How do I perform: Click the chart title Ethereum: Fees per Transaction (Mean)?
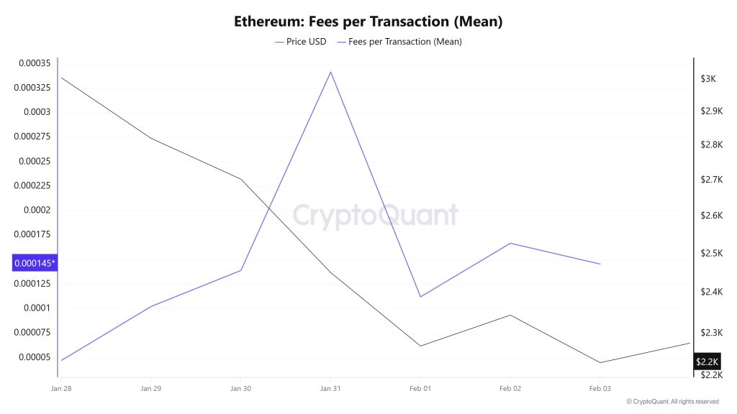point(368,22)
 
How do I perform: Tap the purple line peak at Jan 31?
point(330,72)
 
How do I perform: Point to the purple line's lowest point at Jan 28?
point(61,360)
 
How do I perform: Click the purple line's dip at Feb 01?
point(420,297)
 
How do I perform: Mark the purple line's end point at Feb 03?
point(600,264)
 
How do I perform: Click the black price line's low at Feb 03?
point(600,362)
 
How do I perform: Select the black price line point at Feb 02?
point(510,315)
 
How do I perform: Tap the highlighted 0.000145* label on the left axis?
point(35,263)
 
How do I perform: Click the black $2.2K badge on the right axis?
point(707,362)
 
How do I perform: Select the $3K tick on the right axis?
point(708,78)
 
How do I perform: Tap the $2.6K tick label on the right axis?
point(711,216)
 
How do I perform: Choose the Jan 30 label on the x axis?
point(240,389)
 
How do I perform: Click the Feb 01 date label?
point(420,389)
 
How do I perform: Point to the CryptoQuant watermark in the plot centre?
point(374,215)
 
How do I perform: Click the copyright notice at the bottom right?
point(672,402)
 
